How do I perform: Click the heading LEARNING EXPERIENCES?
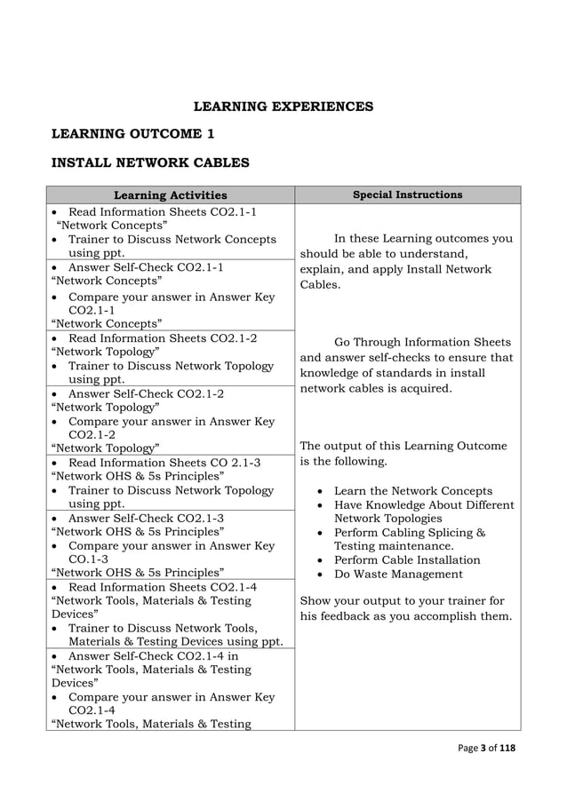[283, 107]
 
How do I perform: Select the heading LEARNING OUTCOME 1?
[133, 134]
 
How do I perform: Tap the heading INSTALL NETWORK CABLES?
[150, 163]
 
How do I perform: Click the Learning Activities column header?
[171, 195]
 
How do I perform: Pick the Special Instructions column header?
[407, 194]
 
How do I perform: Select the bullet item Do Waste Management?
[398, 575]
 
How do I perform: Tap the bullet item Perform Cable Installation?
[407, 560]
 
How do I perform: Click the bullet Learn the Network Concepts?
[412, 491]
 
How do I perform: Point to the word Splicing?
[449, 533]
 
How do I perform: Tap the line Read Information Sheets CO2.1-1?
[162, 212]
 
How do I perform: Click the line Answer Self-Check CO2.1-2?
[146, 393]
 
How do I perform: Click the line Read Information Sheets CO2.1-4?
[162, 587]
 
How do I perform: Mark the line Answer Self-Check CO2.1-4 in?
[154, 656]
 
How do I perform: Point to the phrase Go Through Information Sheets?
[422, 342]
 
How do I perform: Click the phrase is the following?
[344, 462]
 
